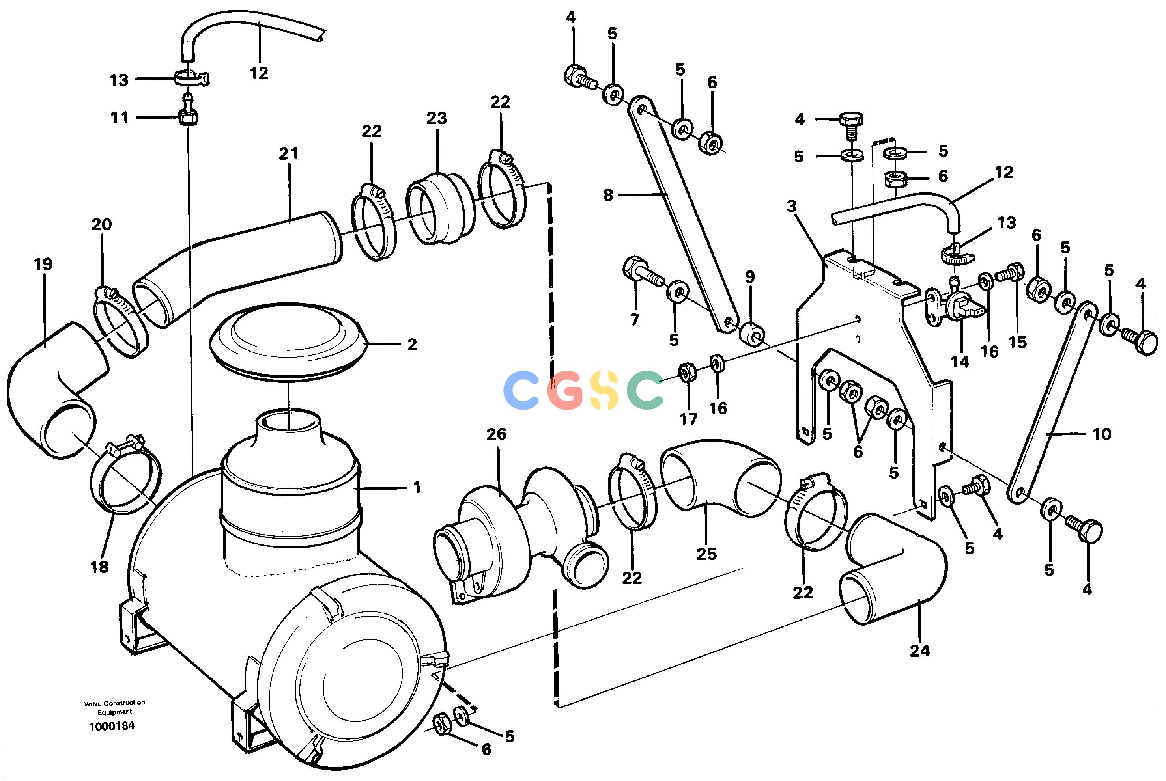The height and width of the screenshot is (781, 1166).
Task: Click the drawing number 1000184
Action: click(x=112, y=726)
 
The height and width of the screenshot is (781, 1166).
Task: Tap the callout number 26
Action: click(x=496, y=434)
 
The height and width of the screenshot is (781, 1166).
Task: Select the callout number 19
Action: click(x=43, y=264)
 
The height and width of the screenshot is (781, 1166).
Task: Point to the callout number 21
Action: click(x=288, y=154)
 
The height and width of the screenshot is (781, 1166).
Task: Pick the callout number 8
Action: click(x=608, y=195)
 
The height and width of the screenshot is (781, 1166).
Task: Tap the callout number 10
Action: click(x=1102, y=434)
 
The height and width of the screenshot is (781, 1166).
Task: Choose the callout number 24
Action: click(x=920, y=651)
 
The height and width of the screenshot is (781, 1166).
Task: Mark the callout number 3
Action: click(x=792, y=206)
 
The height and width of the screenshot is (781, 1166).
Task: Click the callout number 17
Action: click(x=689, y=419)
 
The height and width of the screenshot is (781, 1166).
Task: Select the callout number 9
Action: click(x=749, y=277)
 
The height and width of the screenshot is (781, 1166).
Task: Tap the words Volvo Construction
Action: click(x=115, y=702)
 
